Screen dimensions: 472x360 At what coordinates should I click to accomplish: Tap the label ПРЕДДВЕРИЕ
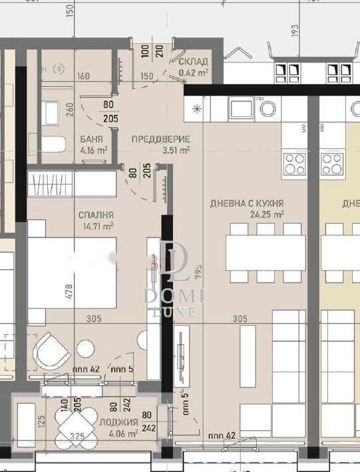pyautogui.click(x=160, y=139)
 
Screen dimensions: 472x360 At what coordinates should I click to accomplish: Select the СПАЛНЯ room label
pyautogui.click(x=96, y=215)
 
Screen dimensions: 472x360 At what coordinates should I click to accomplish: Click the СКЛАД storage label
pyautogui.click(x=193, y=62)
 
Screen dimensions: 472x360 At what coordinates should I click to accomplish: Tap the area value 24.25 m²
pyautogui.click(x=267, y=215)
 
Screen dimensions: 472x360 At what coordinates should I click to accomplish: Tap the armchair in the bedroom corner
pyautogui.click(x=52, y=351)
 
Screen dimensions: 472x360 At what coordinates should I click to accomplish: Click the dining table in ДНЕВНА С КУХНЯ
pyautogui.click(x=265, y=253)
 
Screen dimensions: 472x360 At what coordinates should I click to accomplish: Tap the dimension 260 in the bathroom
pyautogui.click(x=71, y=109)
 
